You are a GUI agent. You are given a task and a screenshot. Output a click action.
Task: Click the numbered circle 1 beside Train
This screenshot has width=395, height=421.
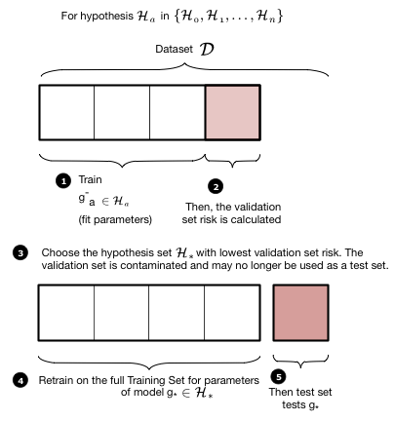64,181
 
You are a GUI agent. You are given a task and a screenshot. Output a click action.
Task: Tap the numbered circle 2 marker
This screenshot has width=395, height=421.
217,185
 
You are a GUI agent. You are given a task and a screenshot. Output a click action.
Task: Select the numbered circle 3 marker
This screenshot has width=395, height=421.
20,252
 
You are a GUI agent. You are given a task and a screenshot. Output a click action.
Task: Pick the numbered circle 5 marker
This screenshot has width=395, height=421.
280,376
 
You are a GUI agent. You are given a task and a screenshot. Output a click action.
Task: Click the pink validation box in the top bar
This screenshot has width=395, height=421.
233,114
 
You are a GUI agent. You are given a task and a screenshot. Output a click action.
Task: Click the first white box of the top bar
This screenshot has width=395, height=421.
65,114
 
